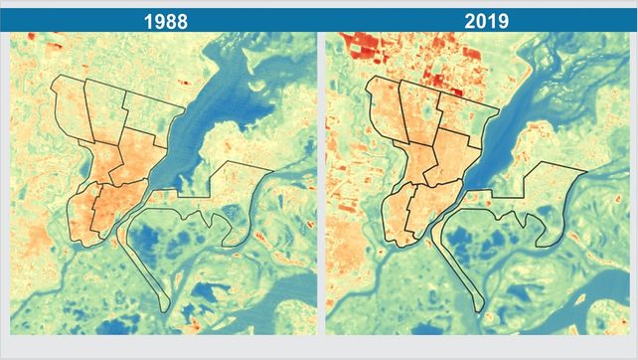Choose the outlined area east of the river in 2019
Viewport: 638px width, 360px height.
[542, 194]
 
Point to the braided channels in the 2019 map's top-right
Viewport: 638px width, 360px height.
[586, 70]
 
